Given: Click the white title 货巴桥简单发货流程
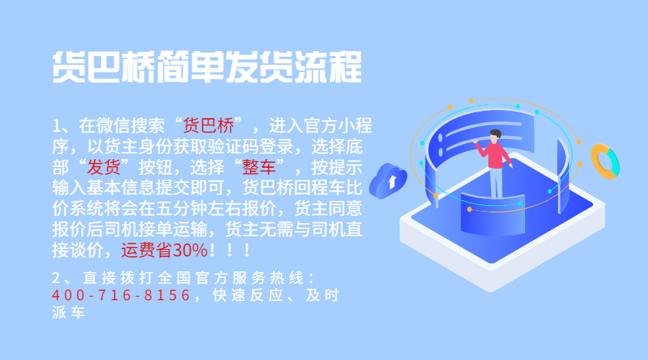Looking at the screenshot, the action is tap(207, 66).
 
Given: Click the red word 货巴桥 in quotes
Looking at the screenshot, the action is tap(208, 126).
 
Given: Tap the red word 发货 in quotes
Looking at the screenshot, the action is tap(104, 167).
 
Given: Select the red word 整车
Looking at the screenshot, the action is tap(259, 167).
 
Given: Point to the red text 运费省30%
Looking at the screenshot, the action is tap(164, 250).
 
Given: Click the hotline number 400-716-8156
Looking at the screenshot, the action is tap(121, 295).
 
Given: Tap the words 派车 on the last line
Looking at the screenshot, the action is tap(68, 312).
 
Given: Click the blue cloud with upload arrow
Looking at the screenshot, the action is tap(387, 181).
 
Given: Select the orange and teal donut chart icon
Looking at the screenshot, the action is tap(605, 161).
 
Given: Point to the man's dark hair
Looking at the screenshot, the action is tap(495, 133).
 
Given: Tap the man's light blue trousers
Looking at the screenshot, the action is tap(496, 182).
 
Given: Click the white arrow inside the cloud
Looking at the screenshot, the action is tap(392, 181).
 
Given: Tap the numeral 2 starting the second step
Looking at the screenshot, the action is tap(56, 278).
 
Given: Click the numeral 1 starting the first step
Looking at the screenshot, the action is tap(56, 126).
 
